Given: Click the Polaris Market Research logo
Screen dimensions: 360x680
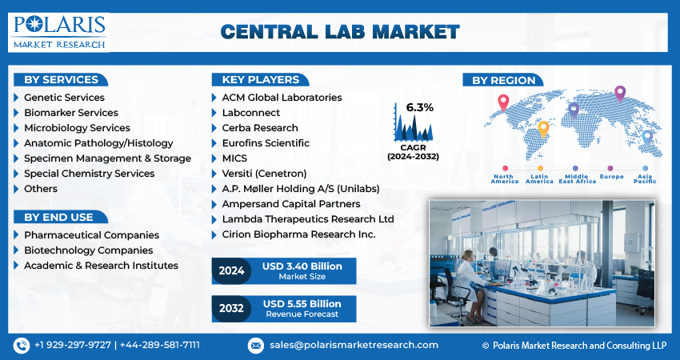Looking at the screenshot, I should pos(59,31).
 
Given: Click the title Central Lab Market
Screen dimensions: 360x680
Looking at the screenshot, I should pos(340,32).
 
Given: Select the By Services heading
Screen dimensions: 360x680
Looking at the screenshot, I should pos(61,80).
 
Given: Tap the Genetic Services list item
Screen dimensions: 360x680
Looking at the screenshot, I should pos(64,98).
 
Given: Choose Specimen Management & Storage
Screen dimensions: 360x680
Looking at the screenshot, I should pos(107,158).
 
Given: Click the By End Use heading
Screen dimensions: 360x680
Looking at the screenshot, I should pos(58,217).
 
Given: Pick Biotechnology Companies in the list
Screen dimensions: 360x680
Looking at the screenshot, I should pos(88,250).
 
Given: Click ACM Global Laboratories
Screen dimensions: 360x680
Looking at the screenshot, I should pos(282,98).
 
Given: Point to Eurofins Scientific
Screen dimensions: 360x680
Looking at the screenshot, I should pos(266,143).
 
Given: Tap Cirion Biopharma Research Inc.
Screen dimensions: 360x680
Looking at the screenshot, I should pos(298,234).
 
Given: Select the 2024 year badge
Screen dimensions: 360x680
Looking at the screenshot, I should pos(231,271).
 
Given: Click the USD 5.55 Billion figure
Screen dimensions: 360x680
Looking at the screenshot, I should pos(302,304).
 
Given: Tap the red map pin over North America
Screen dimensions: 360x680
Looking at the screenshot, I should pos(503,102).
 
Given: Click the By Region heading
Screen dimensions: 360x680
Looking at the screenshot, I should pos(503,80).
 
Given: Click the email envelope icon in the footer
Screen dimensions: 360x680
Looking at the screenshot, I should pos(255,345).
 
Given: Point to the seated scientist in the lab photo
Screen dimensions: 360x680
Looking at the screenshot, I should pos(468,280).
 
